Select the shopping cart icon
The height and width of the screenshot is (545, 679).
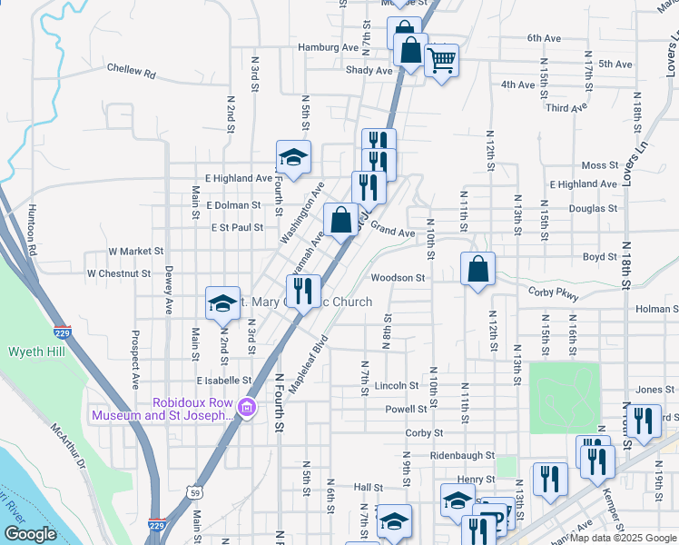[442, 62]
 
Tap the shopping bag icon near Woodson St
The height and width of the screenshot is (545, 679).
[477, 270]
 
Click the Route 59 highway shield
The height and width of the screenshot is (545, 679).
[196, 492]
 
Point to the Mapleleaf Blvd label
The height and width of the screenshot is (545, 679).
[308, 366]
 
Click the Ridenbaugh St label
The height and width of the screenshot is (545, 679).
[462, 455]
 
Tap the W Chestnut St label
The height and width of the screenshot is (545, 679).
[118, 272]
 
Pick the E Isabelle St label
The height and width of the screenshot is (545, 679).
[223, 381]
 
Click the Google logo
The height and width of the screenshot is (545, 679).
[30, 534]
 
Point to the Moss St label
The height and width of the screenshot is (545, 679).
[599, 165]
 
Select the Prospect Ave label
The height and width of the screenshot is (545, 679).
[135, 354]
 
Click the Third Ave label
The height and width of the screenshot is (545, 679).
[567, 108]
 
